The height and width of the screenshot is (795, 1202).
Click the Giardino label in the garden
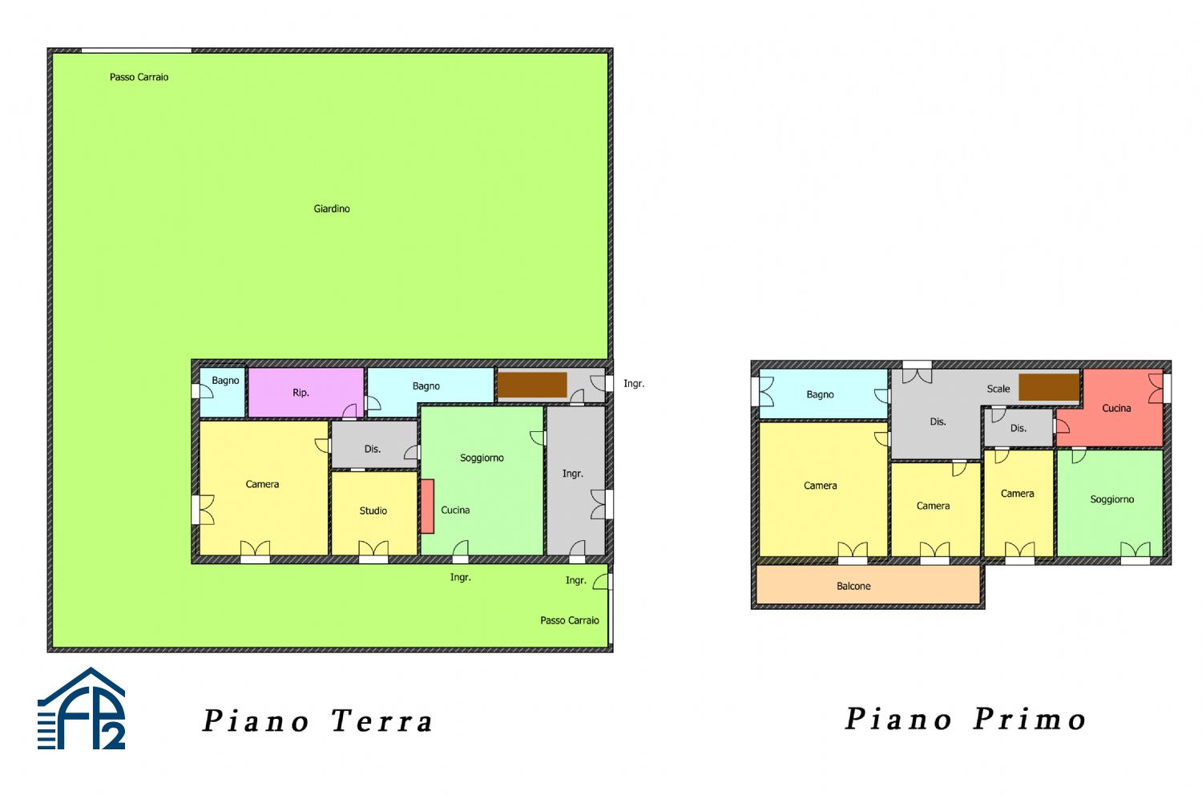(x=332, y=208)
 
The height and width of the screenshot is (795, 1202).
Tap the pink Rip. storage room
(x=305, y=393)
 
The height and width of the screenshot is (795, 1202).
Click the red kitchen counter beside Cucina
(x=427, y=506)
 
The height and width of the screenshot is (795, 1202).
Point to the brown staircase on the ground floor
(x=532, y=384)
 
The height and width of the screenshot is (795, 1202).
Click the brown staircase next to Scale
(x=1048, y=387)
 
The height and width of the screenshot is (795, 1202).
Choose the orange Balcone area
(x=868, y=586)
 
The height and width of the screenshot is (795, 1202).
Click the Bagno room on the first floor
(x=822, y=394)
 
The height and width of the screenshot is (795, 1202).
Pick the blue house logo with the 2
(x=82, y=710)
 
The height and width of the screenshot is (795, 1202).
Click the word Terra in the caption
(x=382, y=721)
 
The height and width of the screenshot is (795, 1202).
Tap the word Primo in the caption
(x=1030, y=719)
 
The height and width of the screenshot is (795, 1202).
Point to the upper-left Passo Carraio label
(x=139, y=77)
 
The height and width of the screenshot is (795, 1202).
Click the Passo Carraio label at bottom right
(x=569, y=620)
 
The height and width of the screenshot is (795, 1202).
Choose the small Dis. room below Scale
(x=1018, y=428)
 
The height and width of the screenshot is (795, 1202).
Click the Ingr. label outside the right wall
(x=634, y=384)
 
